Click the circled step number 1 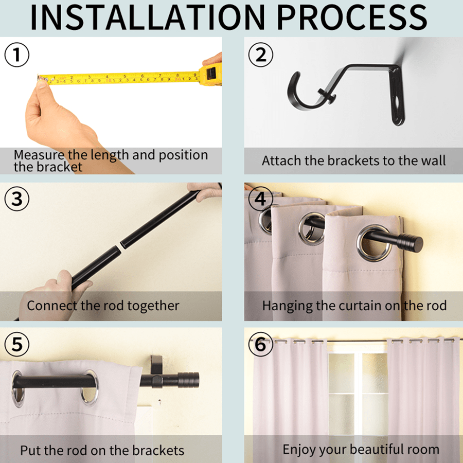pos(17,55)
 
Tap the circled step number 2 pos(261,55)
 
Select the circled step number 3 pos(17,199)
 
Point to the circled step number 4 pos(260,199)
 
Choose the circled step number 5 pos(17,344)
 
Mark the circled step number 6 pos(260,344)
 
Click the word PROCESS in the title pos(352,17)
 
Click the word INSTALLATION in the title pos(148,17)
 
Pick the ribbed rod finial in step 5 pos(188,380)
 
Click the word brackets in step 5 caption pos(158,451)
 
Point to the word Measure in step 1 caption pos(39,155)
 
